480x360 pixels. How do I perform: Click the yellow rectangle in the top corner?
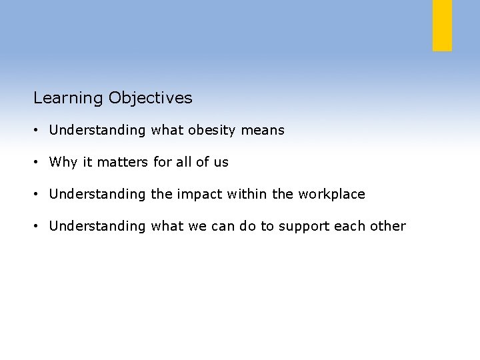(x=442, y=25)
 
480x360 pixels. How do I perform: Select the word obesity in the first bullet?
(x=211, y=131)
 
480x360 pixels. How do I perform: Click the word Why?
(x=63, y=163)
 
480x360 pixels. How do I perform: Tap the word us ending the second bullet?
(x=221, y=163)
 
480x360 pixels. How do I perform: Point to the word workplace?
(x=331, y=195)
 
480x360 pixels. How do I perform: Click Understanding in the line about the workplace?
(x=97, y=195)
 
